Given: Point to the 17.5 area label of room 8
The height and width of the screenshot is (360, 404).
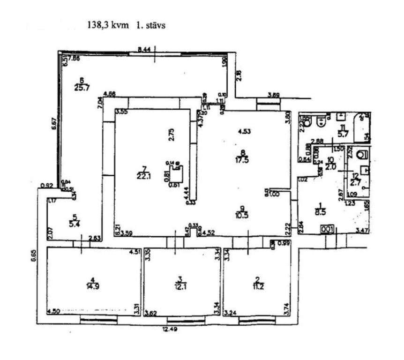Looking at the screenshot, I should point(242,159).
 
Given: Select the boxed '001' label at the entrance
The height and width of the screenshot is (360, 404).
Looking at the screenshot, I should point(327,229).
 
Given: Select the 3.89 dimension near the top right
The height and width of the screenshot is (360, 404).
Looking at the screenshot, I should point(274,96).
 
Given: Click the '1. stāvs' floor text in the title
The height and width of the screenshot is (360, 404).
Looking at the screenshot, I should point(151,25).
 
